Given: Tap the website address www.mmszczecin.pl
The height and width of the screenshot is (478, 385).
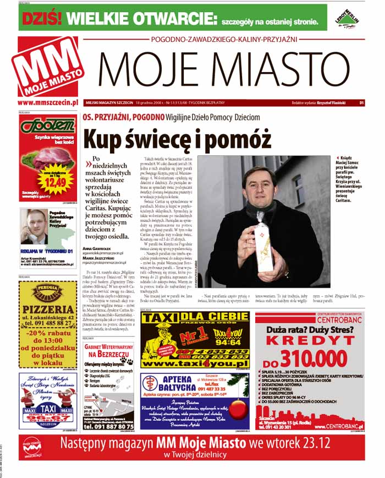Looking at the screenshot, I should coord(46,102).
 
